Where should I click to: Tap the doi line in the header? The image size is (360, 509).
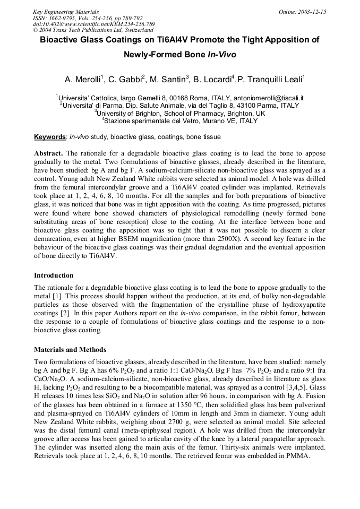tap(93, 24)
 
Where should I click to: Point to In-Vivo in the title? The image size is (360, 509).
tap(221, 55)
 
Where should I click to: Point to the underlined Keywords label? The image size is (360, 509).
tap(50, 137)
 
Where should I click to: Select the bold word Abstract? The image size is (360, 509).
tap(48, 153)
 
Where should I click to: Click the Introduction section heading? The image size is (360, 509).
tap(54, 275)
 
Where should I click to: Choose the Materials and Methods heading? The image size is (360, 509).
tap(70, 350)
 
